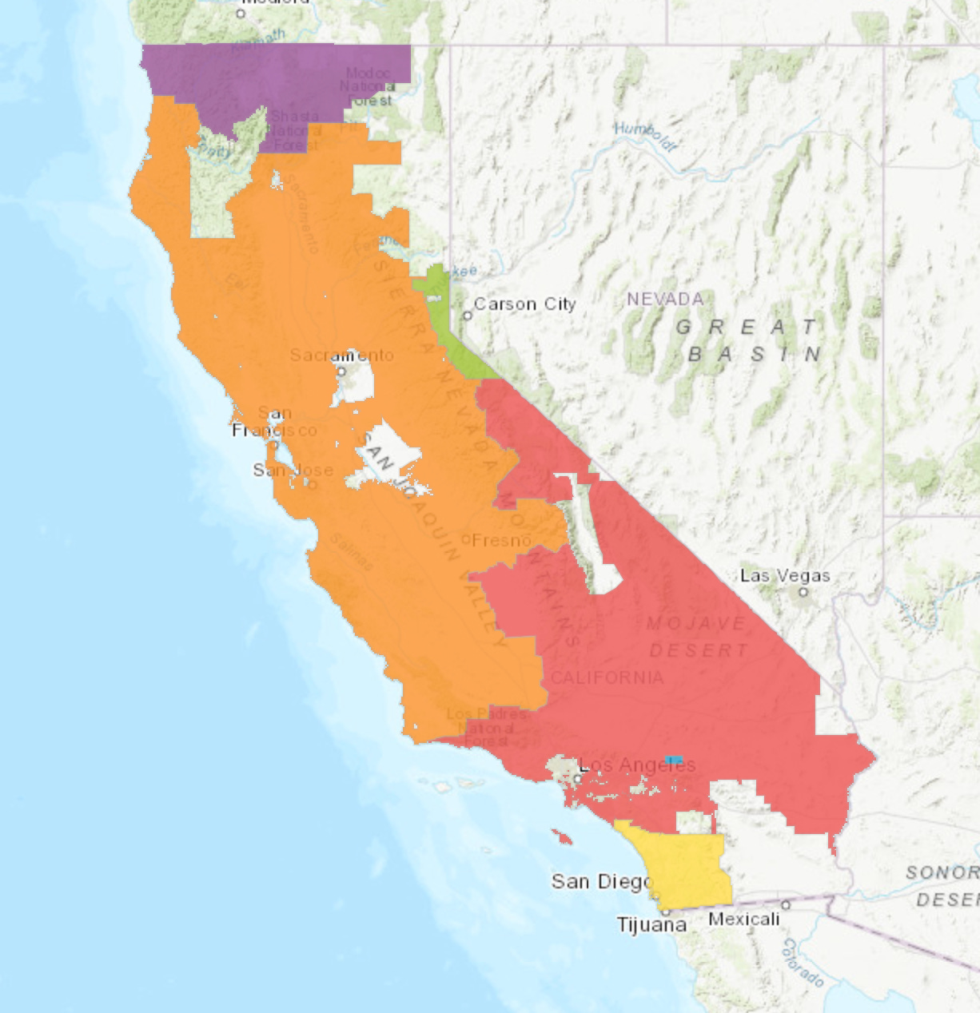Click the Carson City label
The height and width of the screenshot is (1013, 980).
click(x=524, y=304)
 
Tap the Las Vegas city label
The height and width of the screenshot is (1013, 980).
click(x=785, y=575)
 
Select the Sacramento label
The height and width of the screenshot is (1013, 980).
click(x=342, y=355)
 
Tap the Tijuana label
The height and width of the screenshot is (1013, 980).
click(x=651, y=924)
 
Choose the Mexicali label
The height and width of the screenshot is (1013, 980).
click(x=743, y=919)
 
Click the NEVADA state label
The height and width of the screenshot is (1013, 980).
click(x=665, y=299)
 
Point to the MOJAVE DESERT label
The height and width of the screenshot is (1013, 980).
click(x=698, y=637)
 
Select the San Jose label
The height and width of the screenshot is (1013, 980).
click(x=293, y=470)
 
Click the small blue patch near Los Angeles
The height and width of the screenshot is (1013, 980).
click(x=674, y=758)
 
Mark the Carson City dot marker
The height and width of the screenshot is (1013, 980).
click(x=468, y=315)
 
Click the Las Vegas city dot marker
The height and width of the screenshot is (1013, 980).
click(x=804, y=592)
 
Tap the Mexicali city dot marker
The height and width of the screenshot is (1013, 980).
click(x=786, y=904)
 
